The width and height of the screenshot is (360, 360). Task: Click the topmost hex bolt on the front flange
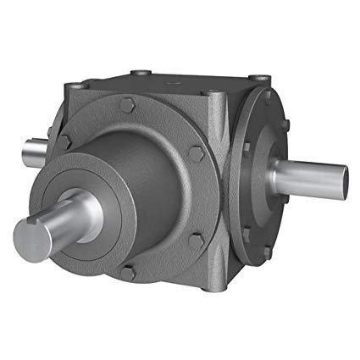130,104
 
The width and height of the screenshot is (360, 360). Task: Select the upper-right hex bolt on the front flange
197,154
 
